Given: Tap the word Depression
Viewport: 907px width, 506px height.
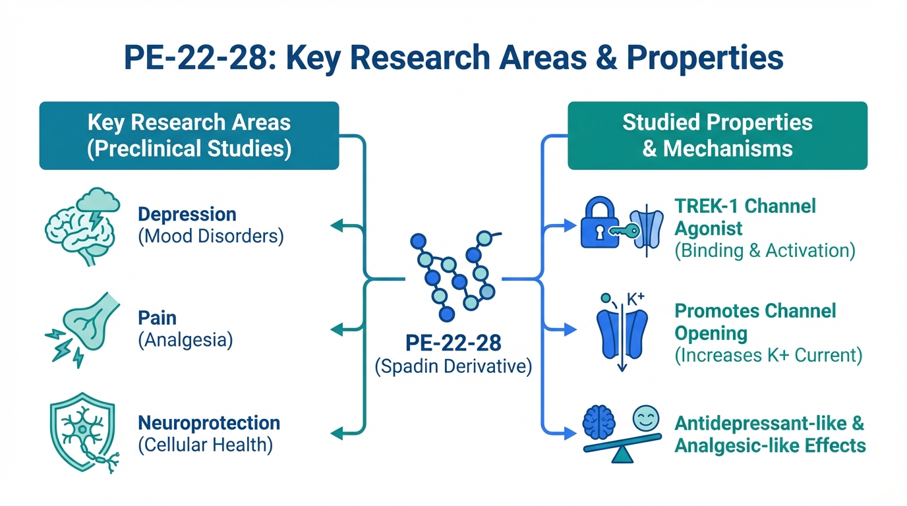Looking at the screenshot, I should pos(187,215).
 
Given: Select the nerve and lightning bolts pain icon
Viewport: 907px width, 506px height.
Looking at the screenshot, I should pos(83,327).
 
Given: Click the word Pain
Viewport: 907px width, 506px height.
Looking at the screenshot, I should pos(157,318).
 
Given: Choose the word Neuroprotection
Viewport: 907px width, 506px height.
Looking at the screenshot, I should pos(208,422).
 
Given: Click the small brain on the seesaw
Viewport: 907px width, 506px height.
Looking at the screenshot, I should pos(599,422).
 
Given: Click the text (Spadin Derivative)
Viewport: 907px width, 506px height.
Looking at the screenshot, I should pos(453,366).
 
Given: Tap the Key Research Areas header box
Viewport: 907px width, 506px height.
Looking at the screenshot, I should pos(189,135).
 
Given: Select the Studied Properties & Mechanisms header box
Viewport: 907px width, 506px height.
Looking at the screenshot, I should pos(717,135).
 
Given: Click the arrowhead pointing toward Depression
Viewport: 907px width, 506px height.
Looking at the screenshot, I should pos(336,226).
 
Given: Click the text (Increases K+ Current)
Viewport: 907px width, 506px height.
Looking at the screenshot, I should pos(768,355).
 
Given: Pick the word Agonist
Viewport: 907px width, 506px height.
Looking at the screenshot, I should pos(708,228).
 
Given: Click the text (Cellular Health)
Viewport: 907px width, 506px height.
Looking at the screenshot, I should pos(205,445).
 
